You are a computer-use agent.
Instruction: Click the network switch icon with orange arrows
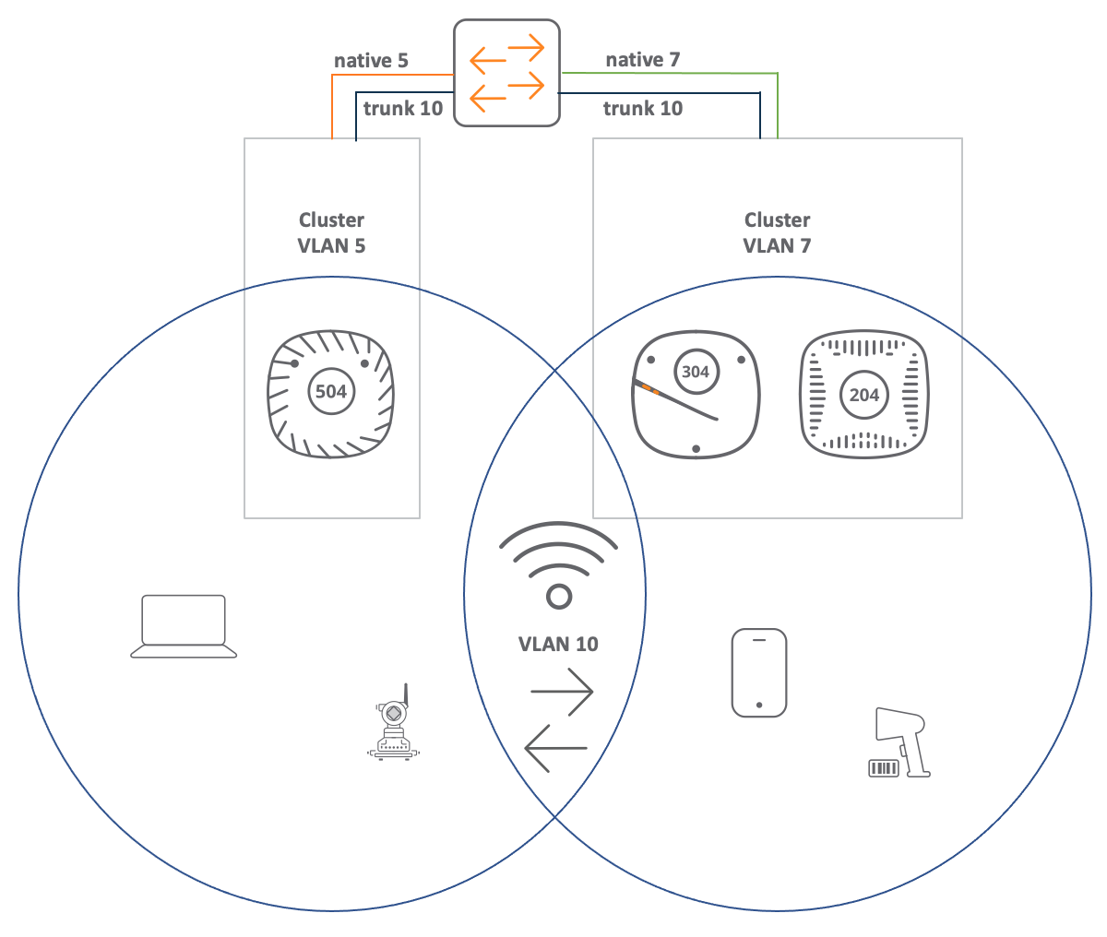pos(506,73)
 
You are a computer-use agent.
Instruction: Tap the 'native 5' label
pos(371,61)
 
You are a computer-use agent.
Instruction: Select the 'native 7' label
pos(643,59)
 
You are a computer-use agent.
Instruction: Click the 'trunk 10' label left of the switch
pos(403,108)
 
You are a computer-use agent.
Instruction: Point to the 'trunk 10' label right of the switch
pos(643,108)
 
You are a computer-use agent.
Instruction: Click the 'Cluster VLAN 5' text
pos(331,232)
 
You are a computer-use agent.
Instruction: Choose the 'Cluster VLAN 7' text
pos(777,232)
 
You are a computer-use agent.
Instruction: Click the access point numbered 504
pos(331,394)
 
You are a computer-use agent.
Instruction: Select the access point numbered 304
pos(696,394)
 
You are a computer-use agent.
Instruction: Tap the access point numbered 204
pos(863,394)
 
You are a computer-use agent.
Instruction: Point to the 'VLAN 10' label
pos(558,644)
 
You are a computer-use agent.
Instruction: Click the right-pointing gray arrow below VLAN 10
pos(562,692)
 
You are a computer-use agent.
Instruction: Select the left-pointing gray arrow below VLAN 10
pos(556,748)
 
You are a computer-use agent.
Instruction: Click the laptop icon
pos(184,626)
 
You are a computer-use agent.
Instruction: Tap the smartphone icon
pos(759,672)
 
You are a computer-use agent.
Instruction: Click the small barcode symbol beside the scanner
pos(883,768)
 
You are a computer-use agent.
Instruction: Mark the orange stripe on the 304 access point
pos(650,388)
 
